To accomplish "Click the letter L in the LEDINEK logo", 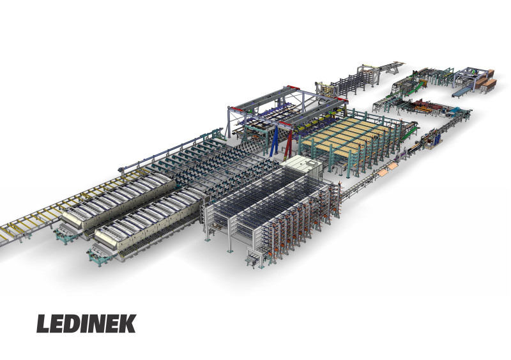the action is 43,324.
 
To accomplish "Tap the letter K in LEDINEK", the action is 126,324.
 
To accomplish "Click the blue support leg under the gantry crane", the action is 273,142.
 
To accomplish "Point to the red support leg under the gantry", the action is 288,144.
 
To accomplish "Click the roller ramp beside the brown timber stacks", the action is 461,91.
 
